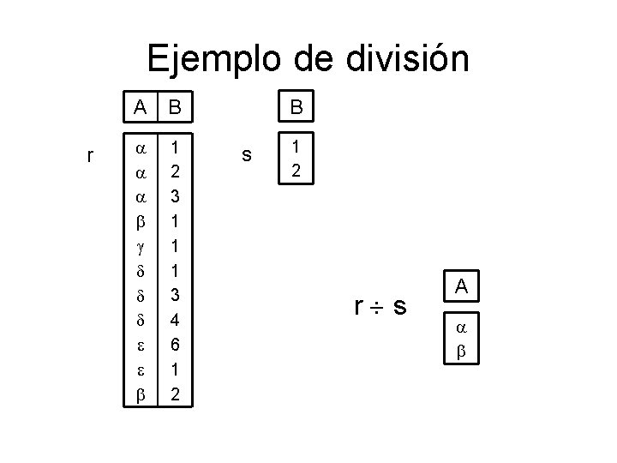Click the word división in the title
(408, 60)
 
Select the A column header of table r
(140, 108)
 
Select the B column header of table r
(175, 108)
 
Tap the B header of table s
(296, 108)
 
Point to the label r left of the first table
(91, 155)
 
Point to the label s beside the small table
(247, 155)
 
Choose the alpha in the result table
(459, 328)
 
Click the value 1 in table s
(296, 147)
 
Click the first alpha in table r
(140, 147)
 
